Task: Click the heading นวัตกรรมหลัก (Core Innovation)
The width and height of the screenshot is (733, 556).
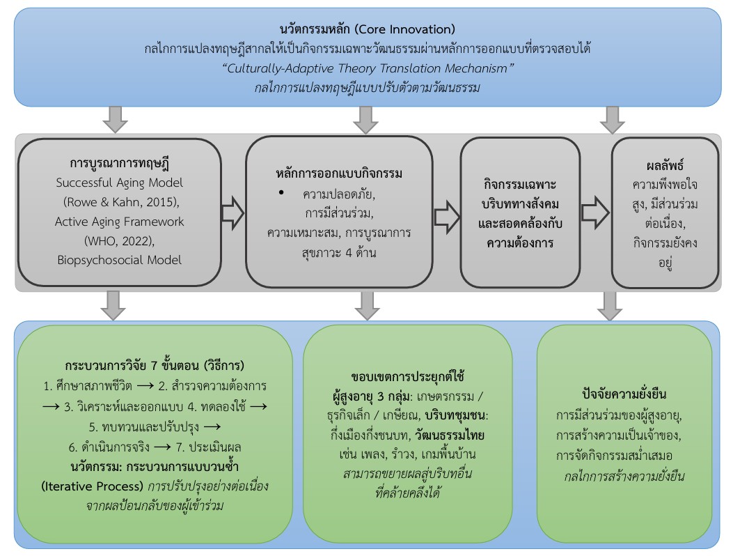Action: pos(366,29)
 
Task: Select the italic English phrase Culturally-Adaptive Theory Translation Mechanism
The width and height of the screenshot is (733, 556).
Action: pos(366,68)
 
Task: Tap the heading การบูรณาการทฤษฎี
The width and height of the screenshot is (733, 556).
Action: pos(120,165)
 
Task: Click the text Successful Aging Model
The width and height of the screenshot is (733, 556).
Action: pos(120,184)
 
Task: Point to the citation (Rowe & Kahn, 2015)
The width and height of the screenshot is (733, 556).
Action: pos(120,203)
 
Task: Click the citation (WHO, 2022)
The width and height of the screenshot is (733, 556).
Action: pos(120,240)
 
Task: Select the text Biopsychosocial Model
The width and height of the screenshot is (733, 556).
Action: pos(120,259)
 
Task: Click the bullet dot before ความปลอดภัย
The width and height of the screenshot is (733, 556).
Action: pos(281,192)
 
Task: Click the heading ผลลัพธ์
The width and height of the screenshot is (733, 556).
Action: pos(664,167)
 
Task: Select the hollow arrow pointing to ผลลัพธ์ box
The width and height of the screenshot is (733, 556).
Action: pos(595,212)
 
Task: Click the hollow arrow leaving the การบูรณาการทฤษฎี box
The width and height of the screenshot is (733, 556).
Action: pos(232,212)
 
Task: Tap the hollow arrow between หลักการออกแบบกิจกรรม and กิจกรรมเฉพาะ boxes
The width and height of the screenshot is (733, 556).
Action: pos(446,213)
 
